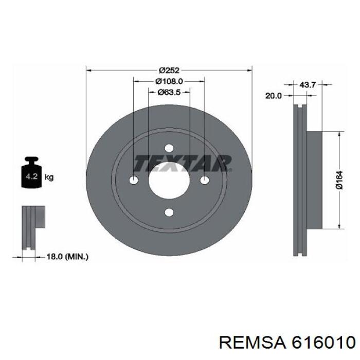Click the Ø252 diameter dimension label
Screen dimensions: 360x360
169,70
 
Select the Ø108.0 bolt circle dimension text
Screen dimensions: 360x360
169,81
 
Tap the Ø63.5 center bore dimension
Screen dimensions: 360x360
169,92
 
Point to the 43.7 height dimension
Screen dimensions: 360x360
308,85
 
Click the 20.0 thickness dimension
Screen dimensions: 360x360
274,96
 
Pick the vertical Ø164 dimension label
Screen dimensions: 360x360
339,180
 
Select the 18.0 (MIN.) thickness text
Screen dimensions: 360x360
67,257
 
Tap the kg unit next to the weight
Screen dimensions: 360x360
49,177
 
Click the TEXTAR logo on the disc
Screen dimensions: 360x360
182,163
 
